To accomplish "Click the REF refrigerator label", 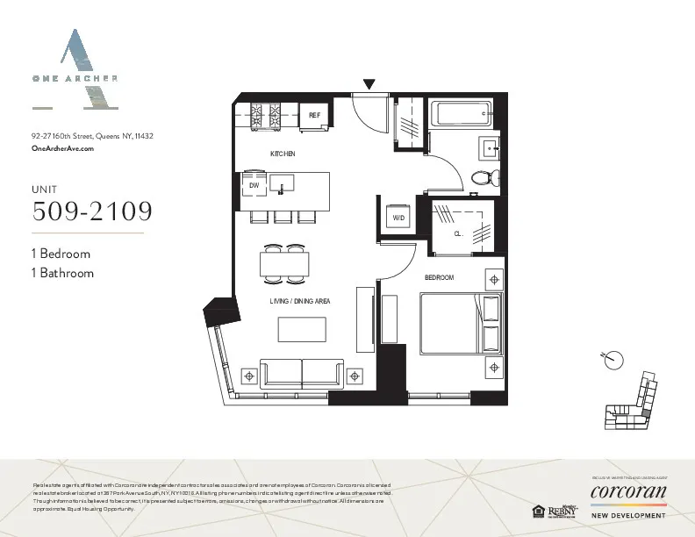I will pos(313,116).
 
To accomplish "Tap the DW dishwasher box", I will pos(254,185).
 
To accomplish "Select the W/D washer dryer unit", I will pos(398,217).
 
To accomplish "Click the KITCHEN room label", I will pos(282,154).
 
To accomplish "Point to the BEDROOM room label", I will pos(439,277).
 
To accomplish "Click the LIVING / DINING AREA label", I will pos(299,301).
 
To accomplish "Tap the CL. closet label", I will pos(458,233).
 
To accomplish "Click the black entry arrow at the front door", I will pos(369,85).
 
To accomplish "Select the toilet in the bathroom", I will pos(484,178).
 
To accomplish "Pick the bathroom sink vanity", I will pos(489,147).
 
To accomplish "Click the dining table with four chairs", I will pos(285,263).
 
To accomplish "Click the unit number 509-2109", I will pos(91,211).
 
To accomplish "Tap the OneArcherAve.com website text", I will pos(61,149).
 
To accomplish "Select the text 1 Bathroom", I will pos(61,273).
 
